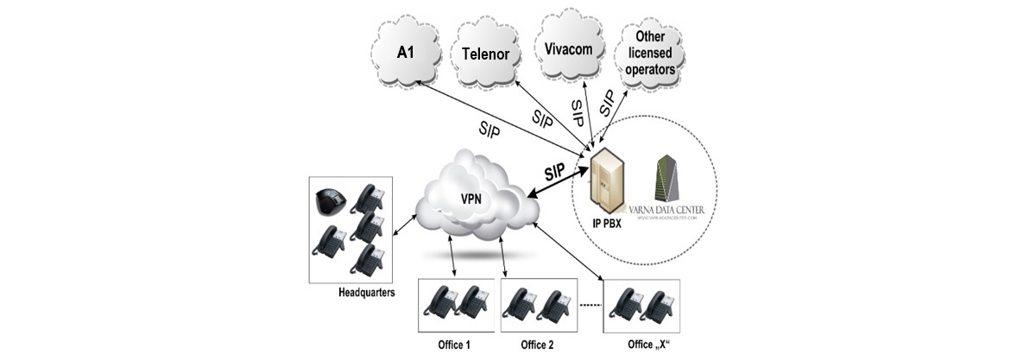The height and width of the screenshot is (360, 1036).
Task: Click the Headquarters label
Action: pyautogui.click(x=367, y=293)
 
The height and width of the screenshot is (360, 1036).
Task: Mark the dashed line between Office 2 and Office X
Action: pyautogui.click(x=590, y=306)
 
